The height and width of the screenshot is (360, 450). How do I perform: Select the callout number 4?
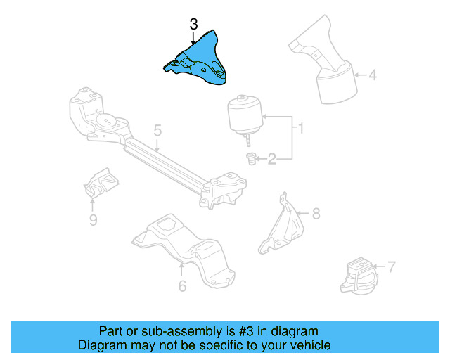pos(372,74)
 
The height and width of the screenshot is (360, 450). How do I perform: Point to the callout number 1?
pos(300,129)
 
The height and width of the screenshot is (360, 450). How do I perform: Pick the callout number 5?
pos(157,130)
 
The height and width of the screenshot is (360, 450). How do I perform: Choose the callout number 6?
pos(181,285)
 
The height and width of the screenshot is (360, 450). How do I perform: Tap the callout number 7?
pos(391,266)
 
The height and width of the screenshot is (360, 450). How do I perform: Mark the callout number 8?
pos(315,212)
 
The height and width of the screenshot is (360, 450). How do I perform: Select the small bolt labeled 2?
pos(249,160)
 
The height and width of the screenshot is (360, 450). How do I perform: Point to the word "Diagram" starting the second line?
pos(101,345)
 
